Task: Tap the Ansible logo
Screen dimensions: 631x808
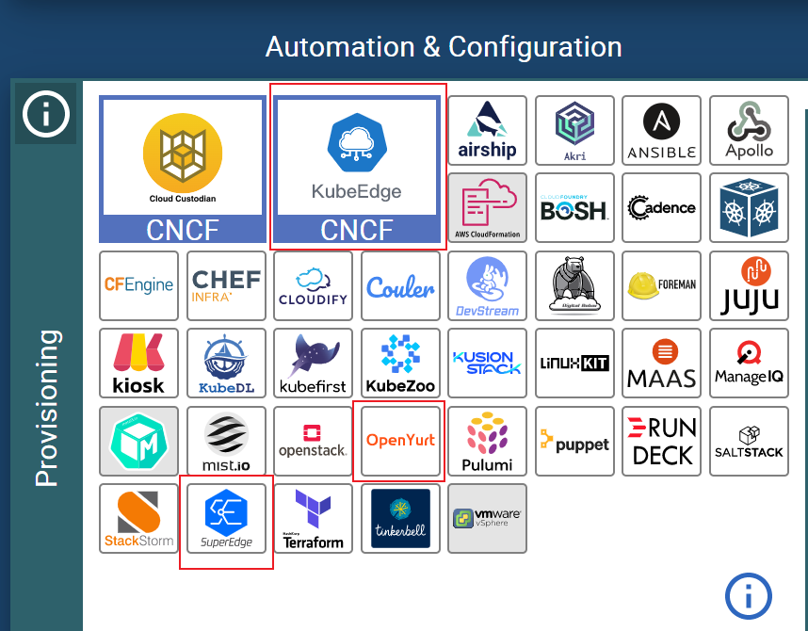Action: click(662, 131)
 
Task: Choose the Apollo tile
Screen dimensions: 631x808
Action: click(749, 131)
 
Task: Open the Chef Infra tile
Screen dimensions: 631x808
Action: click(226, 285)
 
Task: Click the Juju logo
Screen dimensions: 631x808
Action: click(749, 285)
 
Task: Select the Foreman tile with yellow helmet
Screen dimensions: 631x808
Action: click(662, 285)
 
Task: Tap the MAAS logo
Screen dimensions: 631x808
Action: click(662, 363)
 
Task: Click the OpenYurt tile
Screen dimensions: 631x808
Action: click(400, 440)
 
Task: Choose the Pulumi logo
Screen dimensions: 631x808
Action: click(488, 440)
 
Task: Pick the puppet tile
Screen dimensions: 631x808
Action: click(574, 440)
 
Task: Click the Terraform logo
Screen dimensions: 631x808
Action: click(314, 518)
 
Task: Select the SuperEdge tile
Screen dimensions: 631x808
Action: click(226, 518)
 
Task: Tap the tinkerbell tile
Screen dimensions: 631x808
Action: click(400, 518)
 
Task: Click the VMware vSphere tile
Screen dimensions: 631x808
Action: click(488, 518)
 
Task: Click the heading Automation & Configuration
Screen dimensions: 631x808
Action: click(444, 46)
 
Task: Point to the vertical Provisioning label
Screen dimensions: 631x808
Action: click(46, 408)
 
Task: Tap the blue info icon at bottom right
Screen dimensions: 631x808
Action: click(748, 595)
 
